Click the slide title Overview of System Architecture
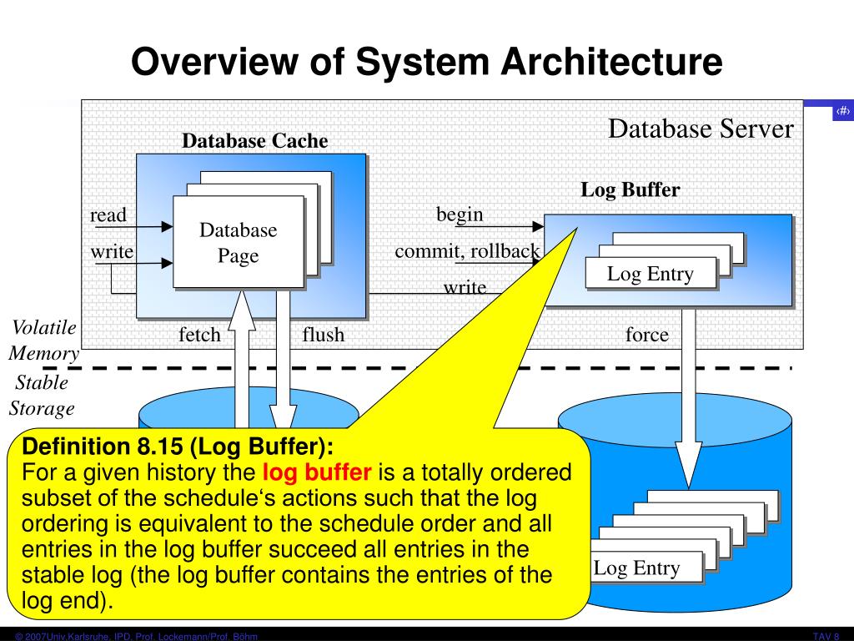tap(426, 63)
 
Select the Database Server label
tap(701, 129)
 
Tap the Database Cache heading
tap(255, 141)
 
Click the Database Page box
tap(238, 242)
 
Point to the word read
tap(108, 215)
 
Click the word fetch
tap(199, 335)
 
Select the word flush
tap(323, 335)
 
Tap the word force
tap(647, 335)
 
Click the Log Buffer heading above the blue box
tap(630, 189)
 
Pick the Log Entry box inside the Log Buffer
tap(650, 273)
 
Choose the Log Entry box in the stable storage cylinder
tap(636, 568)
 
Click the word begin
tap(460, 215)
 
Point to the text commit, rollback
tap(467, 251)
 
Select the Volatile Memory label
tap(44, 341)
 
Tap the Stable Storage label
tap(42, 396)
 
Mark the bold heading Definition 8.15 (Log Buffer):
tap(177, 445)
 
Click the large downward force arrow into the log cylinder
tap(689, 401)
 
